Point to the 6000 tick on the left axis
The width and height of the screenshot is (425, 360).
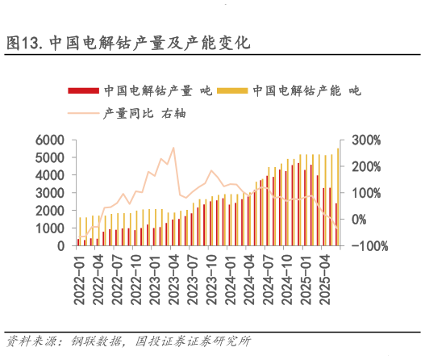49,140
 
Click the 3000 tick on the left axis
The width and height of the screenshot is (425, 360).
49,193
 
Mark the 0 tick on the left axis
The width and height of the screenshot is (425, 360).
60,245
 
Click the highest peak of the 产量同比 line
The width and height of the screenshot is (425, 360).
173,148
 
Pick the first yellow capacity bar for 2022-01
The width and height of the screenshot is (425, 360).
81,231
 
